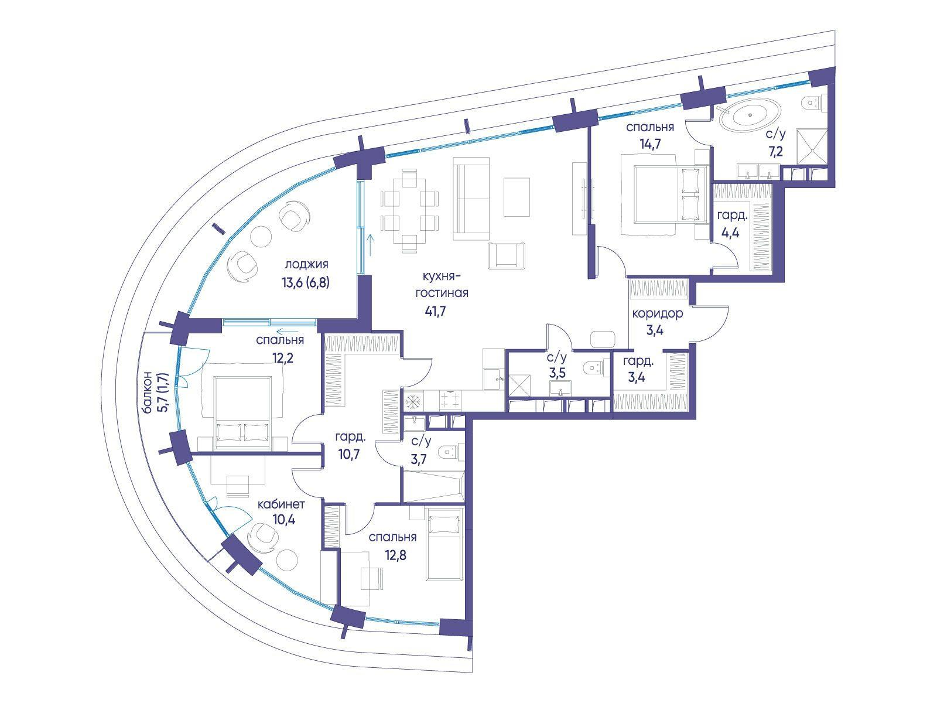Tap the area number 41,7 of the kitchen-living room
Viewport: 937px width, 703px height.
(435, 311)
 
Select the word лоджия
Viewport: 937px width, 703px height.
(306, 265)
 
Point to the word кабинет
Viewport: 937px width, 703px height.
(281, 504)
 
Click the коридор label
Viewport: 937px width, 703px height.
(658, 314)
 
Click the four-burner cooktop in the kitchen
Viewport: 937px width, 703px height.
(450, 400)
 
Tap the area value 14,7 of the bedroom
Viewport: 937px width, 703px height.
(650, 144)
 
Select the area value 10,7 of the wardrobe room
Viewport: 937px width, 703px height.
(349, 454)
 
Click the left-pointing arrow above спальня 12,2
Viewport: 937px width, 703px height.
(287, 330)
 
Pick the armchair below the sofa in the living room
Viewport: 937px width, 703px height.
(506, 255)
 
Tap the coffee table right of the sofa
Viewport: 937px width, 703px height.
(517, 197)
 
